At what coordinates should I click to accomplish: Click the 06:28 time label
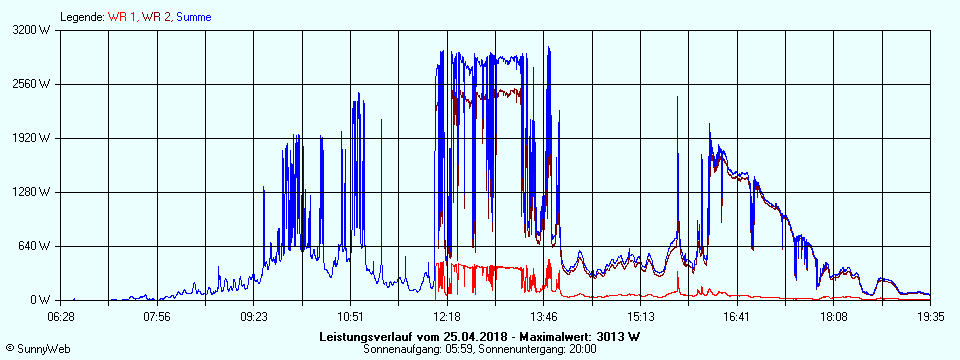click(x=61, y=317)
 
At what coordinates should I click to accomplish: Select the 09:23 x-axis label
click(x=254, y=317)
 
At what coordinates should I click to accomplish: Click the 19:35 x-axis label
click(x=930, y=317)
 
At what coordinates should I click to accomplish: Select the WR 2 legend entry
click(x=156, y=17)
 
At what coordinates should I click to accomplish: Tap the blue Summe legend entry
click(x=193, y=17)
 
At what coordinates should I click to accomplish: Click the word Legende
click(x=81, y=17)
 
